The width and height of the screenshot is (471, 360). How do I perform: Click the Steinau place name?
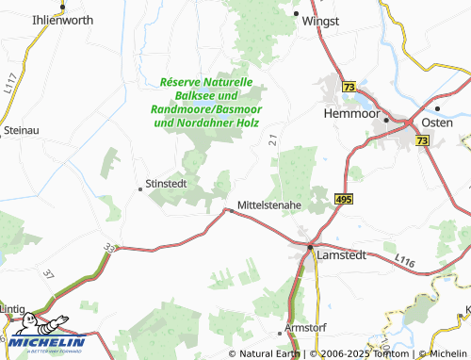coord(23,129)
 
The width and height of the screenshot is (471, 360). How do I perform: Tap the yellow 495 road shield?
coord(343,200)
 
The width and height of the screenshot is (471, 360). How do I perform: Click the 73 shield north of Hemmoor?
coord(349,87)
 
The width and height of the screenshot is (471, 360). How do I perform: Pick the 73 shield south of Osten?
coord(421,140)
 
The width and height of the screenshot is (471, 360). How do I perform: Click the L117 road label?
coord(10,86)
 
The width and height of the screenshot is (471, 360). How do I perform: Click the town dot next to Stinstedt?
coord(140,188)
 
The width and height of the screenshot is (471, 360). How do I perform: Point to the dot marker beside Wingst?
coord(296,14)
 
